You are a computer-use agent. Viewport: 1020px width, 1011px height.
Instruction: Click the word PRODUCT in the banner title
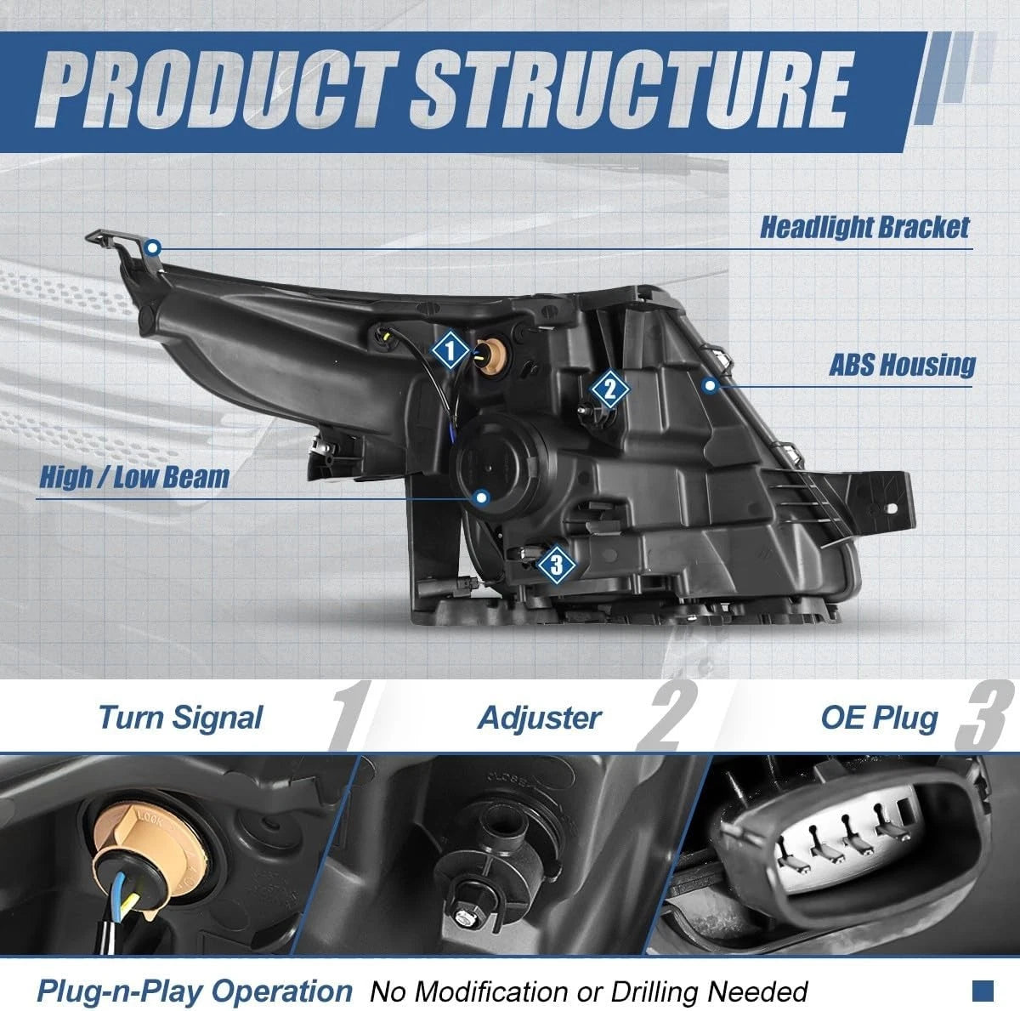(215, 91)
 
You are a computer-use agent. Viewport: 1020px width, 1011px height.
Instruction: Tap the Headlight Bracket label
(864, 228)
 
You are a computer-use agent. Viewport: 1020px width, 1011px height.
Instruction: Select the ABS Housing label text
(902, 365)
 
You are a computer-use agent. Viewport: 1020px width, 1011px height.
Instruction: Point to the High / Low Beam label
(134, 477)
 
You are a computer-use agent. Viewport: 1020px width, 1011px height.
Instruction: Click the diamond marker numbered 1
(450, 349)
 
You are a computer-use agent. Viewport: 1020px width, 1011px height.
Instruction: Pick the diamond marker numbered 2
(609, 389)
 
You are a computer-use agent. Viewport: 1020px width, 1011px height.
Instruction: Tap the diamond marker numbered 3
(556, 565)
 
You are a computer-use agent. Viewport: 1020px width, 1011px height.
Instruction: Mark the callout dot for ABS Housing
(711, 385)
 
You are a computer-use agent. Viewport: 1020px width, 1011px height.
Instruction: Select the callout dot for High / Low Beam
(481, 497)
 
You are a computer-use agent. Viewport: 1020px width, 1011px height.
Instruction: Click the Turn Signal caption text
(180, 718)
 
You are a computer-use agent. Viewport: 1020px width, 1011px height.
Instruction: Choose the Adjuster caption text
(539, 718)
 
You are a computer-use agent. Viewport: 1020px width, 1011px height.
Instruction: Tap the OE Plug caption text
(879, 718)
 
